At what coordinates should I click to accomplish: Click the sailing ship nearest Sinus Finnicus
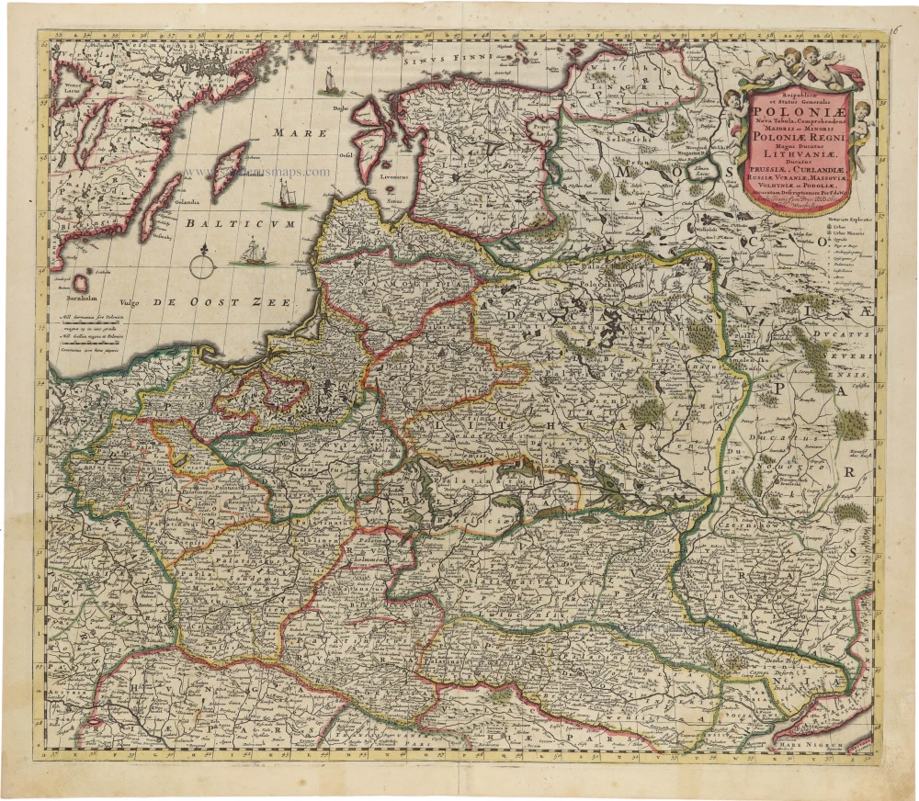(329, 82)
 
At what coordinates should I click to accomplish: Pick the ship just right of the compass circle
(251, 251)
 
